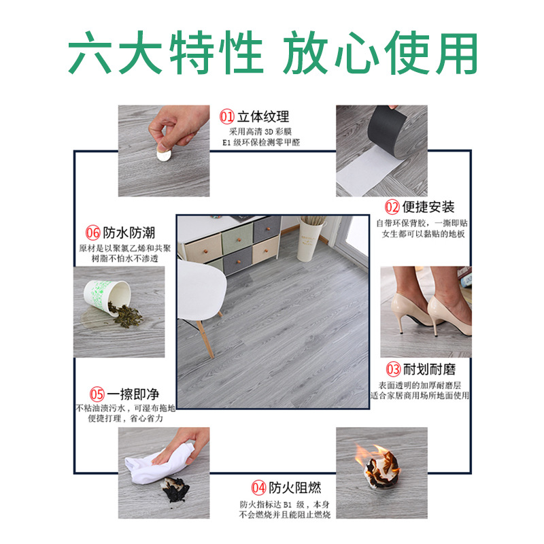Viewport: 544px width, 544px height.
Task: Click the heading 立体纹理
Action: coord(264,116)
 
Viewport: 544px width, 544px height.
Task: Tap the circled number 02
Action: coord(392,207)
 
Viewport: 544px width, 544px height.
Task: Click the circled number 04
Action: coord(258,488)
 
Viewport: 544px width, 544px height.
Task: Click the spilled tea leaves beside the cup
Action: coord(126,316)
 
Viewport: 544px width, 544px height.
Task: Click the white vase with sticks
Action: coord(312,237)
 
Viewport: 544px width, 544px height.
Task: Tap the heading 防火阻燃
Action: coord(294,488)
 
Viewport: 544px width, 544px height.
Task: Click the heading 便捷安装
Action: coord(428,207)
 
